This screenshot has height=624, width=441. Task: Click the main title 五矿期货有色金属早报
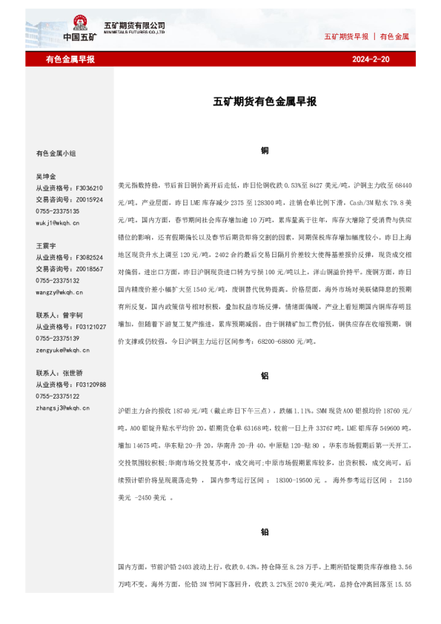(x=265, y=102)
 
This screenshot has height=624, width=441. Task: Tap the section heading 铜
(x=265, y=150)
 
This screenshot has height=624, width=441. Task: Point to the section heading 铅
(x=265, y=531)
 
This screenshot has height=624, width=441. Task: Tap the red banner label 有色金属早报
(x=70, y=59)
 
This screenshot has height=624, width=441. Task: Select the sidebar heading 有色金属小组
(x=56, y=153)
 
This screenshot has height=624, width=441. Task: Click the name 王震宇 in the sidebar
(x=46, y=245)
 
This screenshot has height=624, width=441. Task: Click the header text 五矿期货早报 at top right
(x=346, y=36)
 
